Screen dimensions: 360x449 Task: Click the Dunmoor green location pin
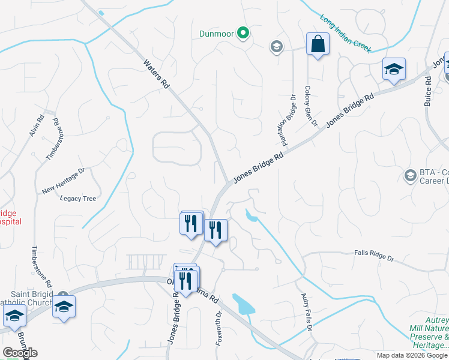243,33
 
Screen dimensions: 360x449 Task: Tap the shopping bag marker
317,44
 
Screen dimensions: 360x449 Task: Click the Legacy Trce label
77,199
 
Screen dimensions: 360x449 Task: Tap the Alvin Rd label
37,126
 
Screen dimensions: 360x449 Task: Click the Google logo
20,353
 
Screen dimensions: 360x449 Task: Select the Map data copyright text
412,355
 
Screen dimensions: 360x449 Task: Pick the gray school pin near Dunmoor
276,47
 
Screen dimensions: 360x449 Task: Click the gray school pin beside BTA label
411,175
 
